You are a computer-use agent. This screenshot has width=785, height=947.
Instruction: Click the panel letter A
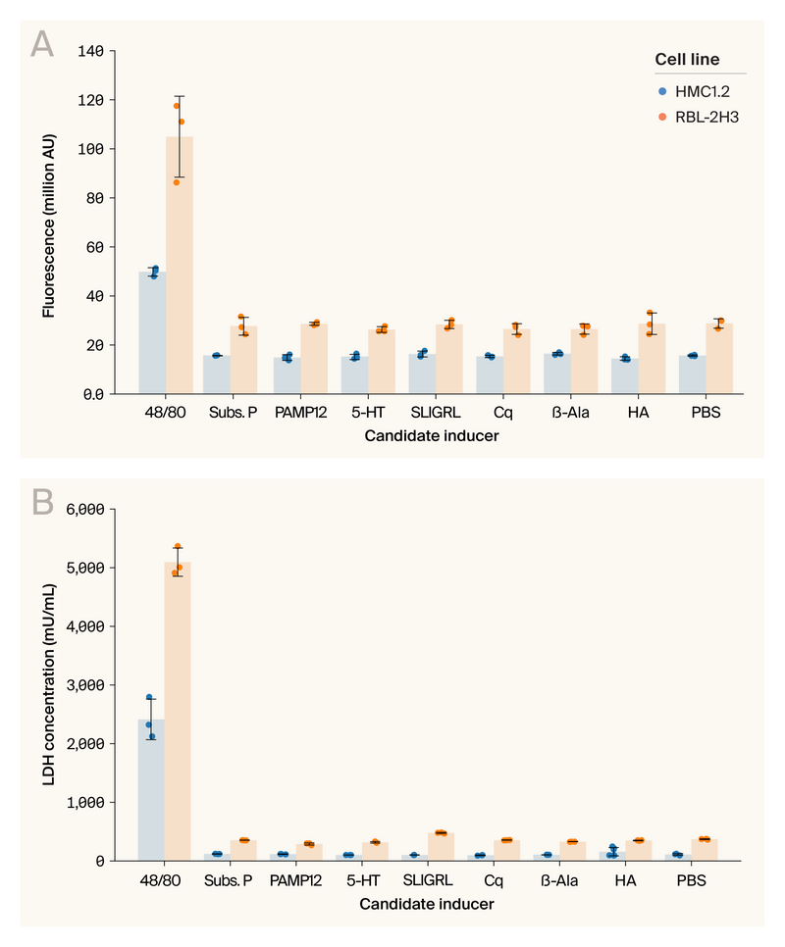[42, 44]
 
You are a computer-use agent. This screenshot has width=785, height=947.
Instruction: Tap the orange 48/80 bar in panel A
[179, 265]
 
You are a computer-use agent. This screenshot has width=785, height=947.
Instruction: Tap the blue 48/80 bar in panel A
[152, 333]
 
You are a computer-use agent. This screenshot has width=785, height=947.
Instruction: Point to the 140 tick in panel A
[94, 51]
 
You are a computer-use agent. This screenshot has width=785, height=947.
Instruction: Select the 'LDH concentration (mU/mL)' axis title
[48, 684]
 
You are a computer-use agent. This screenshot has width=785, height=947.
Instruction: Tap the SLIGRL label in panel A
[434, 413]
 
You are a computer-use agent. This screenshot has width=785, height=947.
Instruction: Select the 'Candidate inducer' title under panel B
[427, 904]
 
